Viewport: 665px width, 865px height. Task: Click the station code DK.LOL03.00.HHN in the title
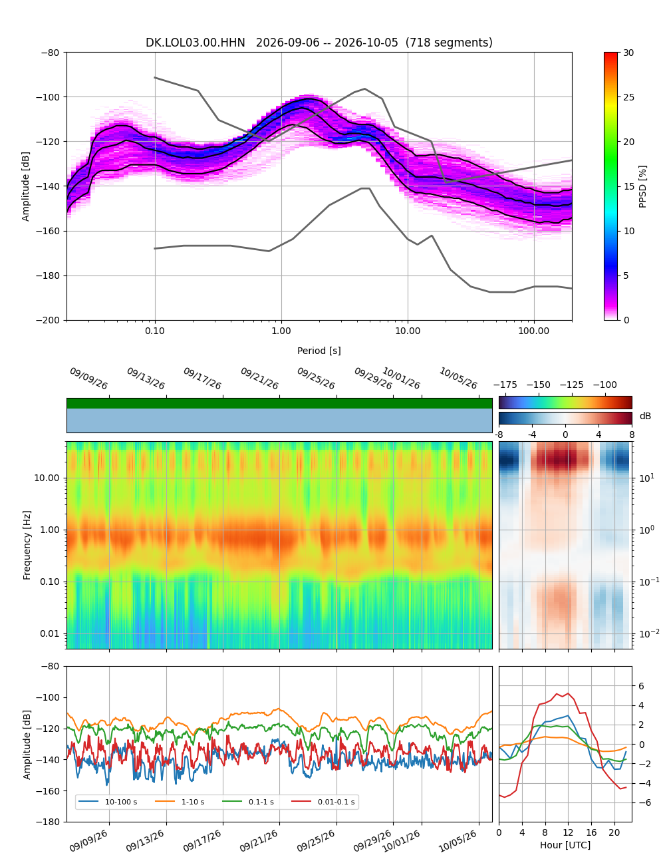tap(195, 43)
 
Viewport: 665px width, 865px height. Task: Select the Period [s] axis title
tap(319, 351)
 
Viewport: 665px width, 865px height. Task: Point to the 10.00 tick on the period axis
tap(408, 331)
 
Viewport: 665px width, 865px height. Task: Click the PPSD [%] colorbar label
tap(642, 186)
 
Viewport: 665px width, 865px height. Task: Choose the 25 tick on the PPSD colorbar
tap(628, 97)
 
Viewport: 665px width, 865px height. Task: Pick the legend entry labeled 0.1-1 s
tap(248, 802)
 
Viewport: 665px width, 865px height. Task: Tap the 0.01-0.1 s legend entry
tap(323, 802)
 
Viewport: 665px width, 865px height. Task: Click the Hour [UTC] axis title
tap(565, 844)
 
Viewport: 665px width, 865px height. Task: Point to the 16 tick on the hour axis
tap(591, 832)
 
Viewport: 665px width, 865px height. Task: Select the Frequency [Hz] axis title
tap(27, 545)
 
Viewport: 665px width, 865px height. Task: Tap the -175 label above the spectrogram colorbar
tap(505, 385)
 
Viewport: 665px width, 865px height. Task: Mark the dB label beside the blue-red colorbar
tap(645, 416)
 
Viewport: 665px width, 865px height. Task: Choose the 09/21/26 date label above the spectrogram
tap(259, 378)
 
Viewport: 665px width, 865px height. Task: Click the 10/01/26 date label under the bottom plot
tap(401, 841)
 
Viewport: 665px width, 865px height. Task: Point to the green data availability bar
tap(279, 403)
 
